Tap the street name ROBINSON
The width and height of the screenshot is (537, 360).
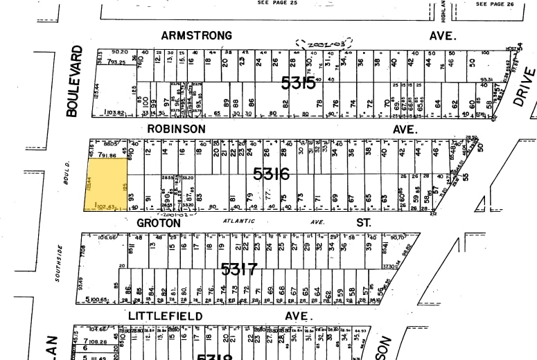pos(176,129)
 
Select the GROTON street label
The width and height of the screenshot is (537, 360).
pos(159,223)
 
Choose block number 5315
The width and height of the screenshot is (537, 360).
pos(299,83)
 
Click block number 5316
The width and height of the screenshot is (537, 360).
pos(271,174)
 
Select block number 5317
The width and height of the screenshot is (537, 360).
pos(239,268)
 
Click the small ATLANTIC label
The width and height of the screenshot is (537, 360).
pos(238,221)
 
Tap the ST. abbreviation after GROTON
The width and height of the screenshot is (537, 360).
pos(363,223)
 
